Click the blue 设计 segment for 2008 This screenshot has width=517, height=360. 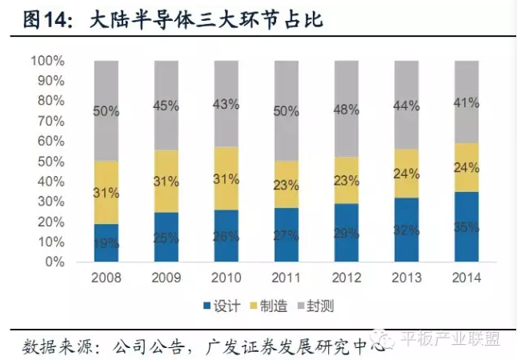(106, 242)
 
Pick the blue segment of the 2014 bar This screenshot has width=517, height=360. (467, 226)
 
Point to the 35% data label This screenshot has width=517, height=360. (467, 227)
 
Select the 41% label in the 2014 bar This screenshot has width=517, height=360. (467, 102)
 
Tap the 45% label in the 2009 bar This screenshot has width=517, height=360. (166, 106)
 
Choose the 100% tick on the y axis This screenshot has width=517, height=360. (47, 61)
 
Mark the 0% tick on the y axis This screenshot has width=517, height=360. (53, 262)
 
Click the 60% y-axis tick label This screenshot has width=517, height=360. (50, 141)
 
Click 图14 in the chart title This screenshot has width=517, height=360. (36, 18)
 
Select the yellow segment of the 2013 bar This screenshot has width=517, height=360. (406, 174)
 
